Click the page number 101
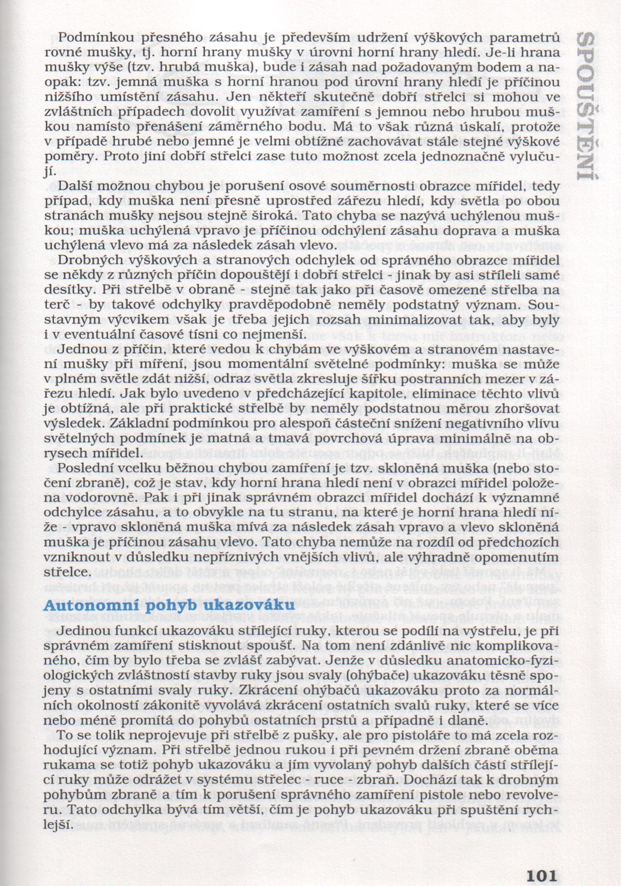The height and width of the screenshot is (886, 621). tap(541, 862)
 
